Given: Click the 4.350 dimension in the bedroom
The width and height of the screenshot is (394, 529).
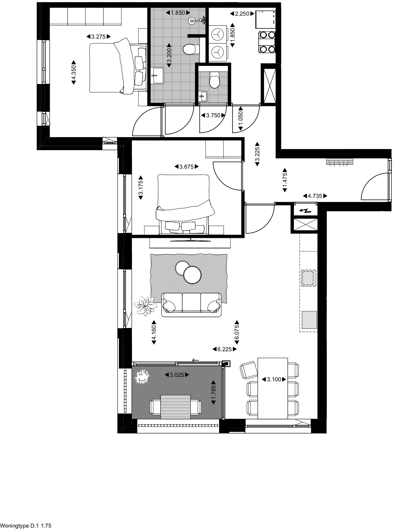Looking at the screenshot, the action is click(73, 72).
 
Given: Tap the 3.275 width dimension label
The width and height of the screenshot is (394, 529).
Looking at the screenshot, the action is click(98, 37).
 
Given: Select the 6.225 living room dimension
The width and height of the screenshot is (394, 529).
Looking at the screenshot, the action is click(225, 349).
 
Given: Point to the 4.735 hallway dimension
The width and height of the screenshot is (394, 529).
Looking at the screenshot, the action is click(315, 196).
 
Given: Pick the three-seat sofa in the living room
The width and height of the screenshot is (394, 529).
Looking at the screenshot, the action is click(191, 305).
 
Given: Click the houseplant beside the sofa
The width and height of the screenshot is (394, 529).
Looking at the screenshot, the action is click(146, 305).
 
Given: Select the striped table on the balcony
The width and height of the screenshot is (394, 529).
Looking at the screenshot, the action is click(175, 407).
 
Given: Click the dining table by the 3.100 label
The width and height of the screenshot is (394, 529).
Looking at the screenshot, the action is click(273, 388).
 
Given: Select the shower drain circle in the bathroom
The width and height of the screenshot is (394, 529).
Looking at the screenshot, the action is click(192, 20).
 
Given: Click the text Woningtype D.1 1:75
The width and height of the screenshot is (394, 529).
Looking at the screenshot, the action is click(26, 526).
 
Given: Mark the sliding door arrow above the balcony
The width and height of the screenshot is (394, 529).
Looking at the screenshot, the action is click(195, 360).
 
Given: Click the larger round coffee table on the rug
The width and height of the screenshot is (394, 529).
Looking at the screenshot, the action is click(192, 275).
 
